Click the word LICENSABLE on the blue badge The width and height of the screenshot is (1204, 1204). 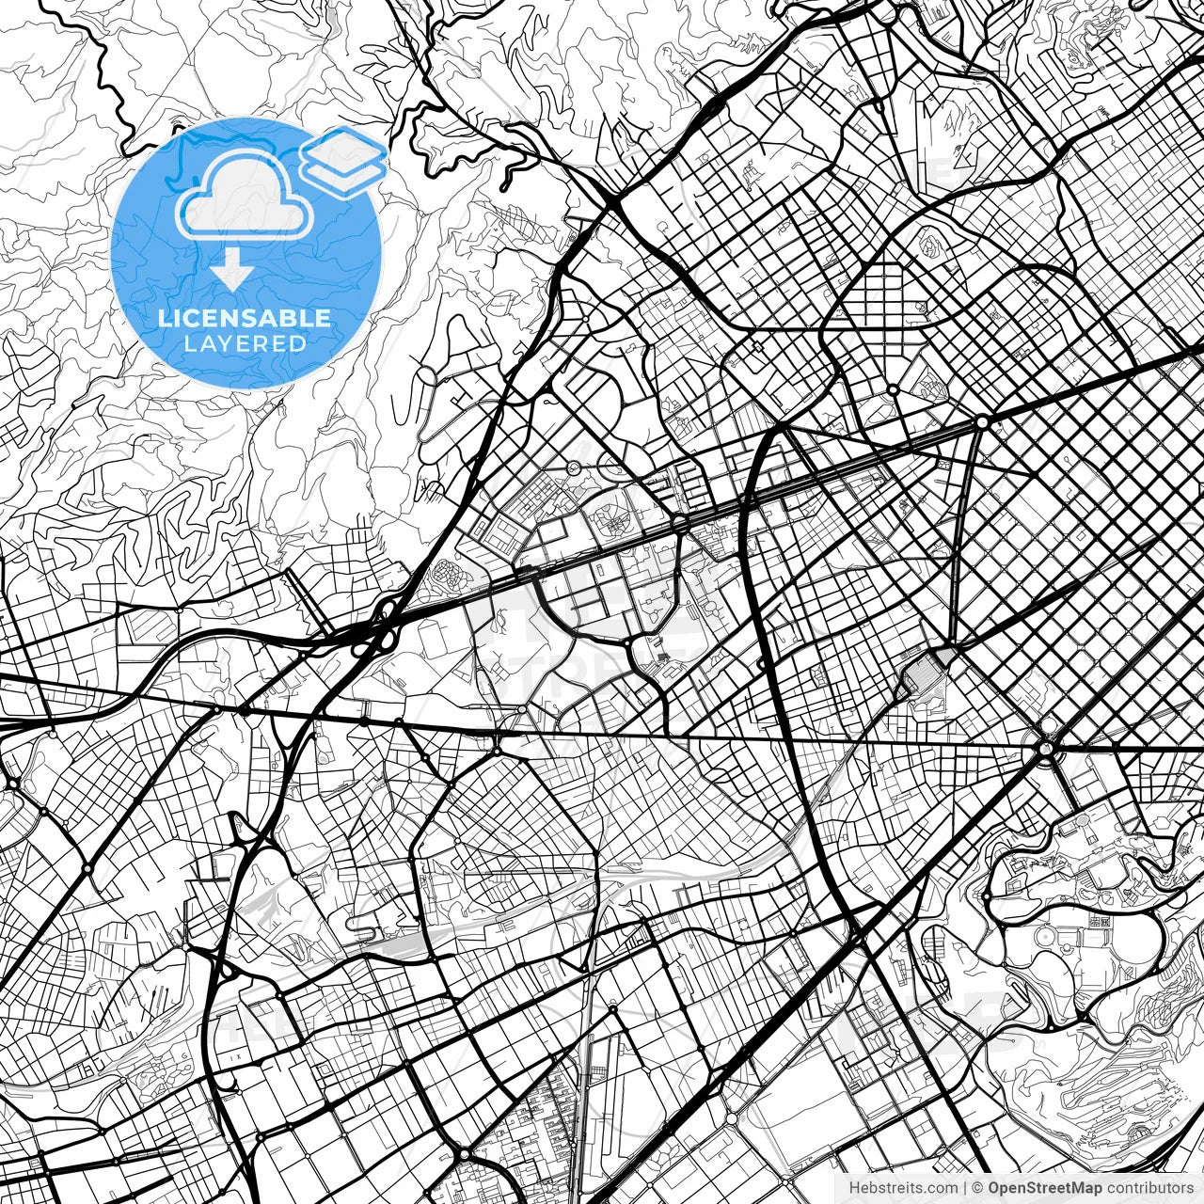pos(245,318)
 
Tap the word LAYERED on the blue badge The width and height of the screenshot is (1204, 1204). pos(245,343)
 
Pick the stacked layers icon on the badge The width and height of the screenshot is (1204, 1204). pos(343,162)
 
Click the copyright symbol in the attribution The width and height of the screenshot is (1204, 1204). pos(978,1189)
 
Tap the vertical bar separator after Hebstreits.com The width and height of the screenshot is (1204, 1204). pos(965,1189)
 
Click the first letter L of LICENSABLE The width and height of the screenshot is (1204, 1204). pos(164,318)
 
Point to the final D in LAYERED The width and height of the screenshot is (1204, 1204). pos(299,343)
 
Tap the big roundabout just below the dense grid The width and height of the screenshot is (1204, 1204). pos(1045,749)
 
